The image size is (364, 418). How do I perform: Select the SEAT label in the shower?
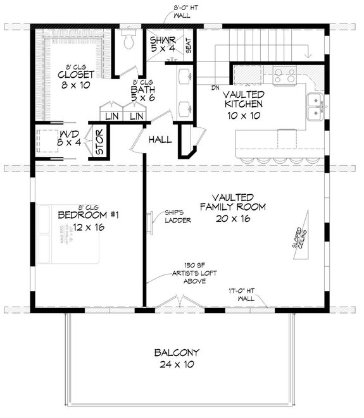(x=187, y=45)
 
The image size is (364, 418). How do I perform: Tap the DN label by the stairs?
(x=215, y=87)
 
